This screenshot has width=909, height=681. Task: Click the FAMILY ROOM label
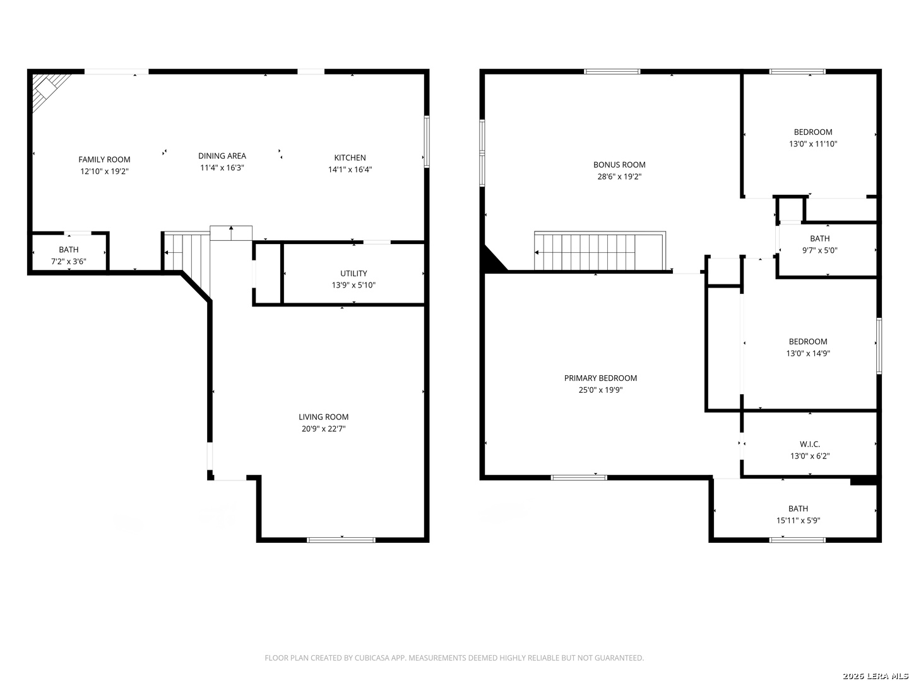(104, 160)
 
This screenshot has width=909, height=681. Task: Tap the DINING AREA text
(222, 156)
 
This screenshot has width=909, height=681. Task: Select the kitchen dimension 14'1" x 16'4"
(350, 169)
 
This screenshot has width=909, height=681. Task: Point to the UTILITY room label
(353, 273)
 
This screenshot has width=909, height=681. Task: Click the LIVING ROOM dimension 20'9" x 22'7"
(323, 428)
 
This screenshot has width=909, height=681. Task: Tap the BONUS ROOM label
(619, 165)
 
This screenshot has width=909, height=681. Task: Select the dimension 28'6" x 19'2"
(619, 177)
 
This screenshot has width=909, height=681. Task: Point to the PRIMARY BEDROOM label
(600, 378)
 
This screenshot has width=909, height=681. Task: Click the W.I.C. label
(810, 444)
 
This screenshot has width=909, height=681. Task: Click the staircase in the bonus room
(600, 251)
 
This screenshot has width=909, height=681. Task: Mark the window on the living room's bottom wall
(341, 540)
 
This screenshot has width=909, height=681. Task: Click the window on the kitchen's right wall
(427, 141)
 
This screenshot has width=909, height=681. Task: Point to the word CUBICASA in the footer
(372, 658)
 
